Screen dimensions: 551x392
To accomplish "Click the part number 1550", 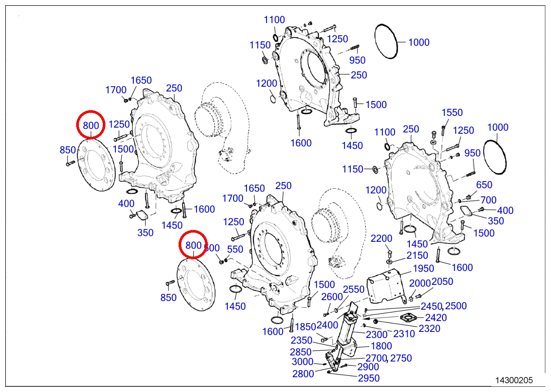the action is tap(452, 113).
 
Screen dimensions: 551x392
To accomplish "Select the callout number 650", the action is tap(484, 185).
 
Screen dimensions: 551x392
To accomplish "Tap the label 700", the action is tap(488, 200).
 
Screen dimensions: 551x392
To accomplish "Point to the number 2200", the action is tap(382, 239).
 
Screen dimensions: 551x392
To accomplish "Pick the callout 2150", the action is tap(417, 256).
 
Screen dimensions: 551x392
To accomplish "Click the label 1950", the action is tap(423, 269).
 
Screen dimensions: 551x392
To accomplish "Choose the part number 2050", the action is tap(442, 282).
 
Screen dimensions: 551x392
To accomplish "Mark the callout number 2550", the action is tap(354, 290).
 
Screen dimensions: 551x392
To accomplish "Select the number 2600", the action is tap(332, 297).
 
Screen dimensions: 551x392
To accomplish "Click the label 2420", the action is tap(436, 318).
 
